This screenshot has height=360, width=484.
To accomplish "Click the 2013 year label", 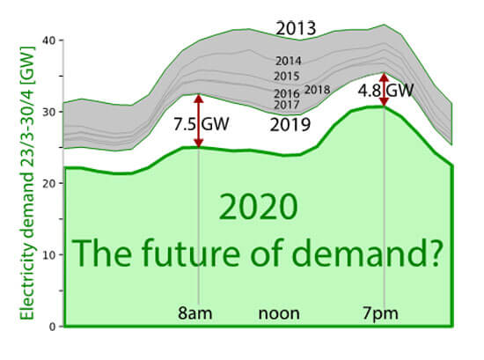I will click(x=296, y=27).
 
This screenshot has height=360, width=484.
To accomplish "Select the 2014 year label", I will click(x=288, y=62).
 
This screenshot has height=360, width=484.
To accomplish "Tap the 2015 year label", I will click(x=288, y=77).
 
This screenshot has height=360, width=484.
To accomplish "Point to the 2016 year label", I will click(x=288, y=92).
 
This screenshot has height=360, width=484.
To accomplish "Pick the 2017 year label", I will click(x=288, y=105).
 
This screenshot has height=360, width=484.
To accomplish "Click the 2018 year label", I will click(x=317, y=90).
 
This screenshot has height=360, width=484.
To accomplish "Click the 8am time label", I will click(x=199, y=313).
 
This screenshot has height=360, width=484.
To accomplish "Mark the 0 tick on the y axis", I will click(x=53, y=326).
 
